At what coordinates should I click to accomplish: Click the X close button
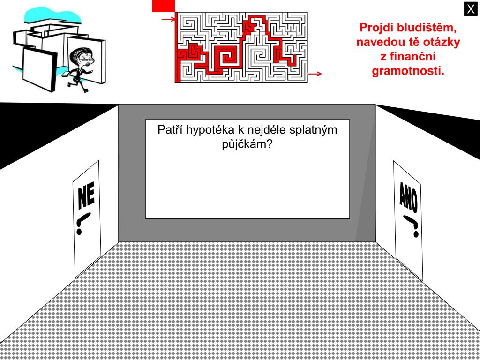[x=471, y=9]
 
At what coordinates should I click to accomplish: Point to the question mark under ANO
[x=412, y=225]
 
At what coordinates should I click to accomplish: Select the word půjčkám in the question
[x=247, y=144]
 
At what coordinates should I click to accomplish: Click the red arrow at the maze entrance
[x=168, y=19]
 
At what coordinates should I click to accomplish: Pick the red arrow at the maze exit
[x=315, y=74]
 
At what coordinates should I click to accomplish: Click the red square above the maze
[x=163, y=6]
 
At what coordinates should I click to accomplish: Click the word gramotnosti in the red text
[x=408, y=71]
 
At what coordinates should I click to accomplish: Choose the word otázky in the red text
[x=442, y=42]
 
